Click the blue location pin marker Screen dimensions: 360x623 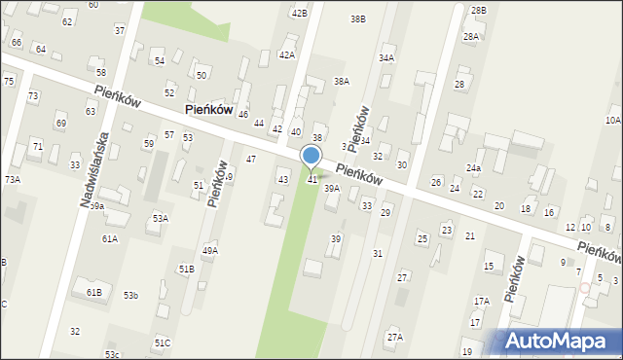[x=311, y=157]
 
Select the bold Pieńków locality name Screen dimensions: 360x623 [x=208, y=110]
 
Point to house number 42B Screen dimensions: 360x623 [x=299, y=13]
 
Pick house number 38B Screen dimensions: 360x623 [x=358, y=18]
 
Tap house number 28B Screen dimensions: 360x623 [x=478, y=11]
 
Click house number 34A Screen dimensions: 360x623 [x=386, y=58]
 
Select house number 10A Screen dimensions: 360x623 [x=612, y=120]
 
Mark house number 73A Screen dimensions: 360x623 [x=12, y=179]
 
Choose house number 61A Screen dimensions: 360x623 [x=109, y=238]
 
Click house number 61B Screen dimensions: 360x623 [x=93, y=292]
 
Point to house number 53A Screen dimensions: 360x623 [x=160, y=218]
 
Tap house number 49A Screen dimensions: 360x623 [x=210, y=251]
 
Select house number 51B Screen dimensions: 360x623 [x=186, y=269]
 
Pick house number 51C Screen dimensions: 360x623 [x=162, y=342]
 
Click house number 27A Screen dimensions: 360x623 [x=394, y=337]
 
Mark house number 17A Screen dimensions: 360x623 [x=482, y=302]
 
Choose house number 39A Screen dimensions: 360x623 [x=332, y=189]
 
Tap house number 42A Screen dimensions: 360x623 [x=286, y=55]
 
